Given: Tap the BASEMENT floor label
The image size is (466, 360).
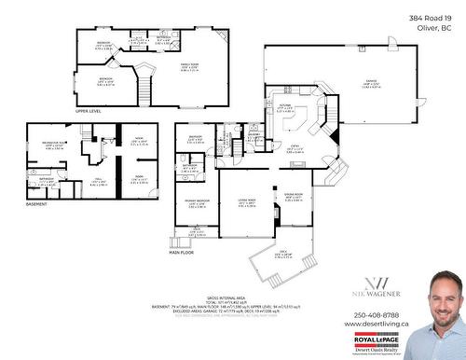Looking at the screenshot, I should click(35, 203).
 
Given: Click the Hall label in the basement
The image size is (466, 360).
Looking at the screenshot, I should click(97, 182).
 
